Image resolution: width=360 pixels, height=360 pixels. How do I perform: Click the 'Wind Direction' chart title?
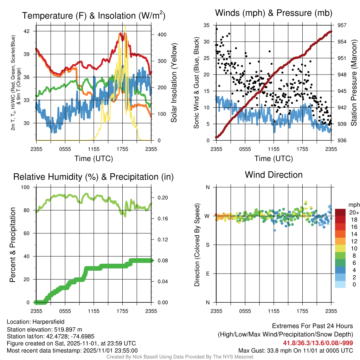pos(274,175)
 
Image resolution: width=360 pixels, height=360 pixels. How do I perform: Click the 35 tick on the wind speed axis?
pos(207,25)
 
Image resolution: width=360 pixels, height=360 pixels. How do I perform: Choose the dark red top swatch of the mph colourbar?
pos(340,212)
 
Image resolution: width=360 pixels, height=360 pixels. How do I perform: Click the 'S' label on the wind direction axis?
pos(207,245)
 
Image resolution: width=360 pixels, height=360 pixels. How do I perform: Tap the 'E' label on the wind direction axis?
pos(207,274)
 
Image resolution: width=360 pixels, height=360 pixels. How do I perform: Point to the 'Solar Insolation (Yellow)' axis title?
pos(174,83)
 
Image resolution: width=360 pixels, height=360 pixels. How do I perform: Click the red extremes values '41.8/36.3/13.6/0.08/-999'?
pos(318,343)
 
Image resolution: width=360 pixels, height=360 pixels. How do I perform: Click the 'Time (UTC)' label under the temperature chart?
pos(94,159)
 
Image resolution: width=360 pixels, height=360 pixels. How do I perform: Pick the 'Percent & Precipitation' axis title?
pos(13,245)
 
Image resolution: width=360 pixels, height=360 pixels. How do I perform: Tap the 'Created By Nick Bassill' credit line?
pos(180,357)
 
